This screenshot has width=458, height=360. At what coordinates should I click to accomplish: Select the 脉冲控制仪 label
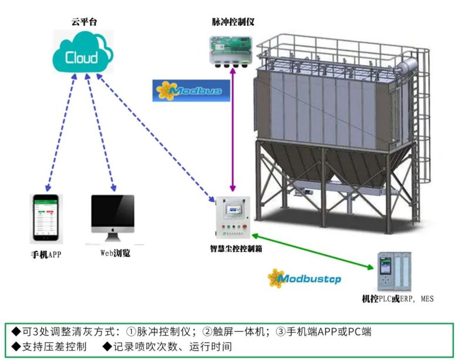[x=233, y=22]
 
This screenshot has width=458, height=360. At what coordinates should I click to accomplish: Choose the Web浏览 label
[x=114, y=254]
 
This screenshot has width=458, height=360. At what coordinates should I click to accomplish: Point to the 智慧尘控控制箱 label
[x=235, y=249]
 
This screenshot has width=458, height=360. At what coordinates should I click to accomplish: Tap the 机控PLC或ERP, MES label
[x=398, y=299]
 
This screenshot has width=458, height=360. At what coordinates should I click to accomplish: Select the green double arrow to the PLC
[x=315, y=251]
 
